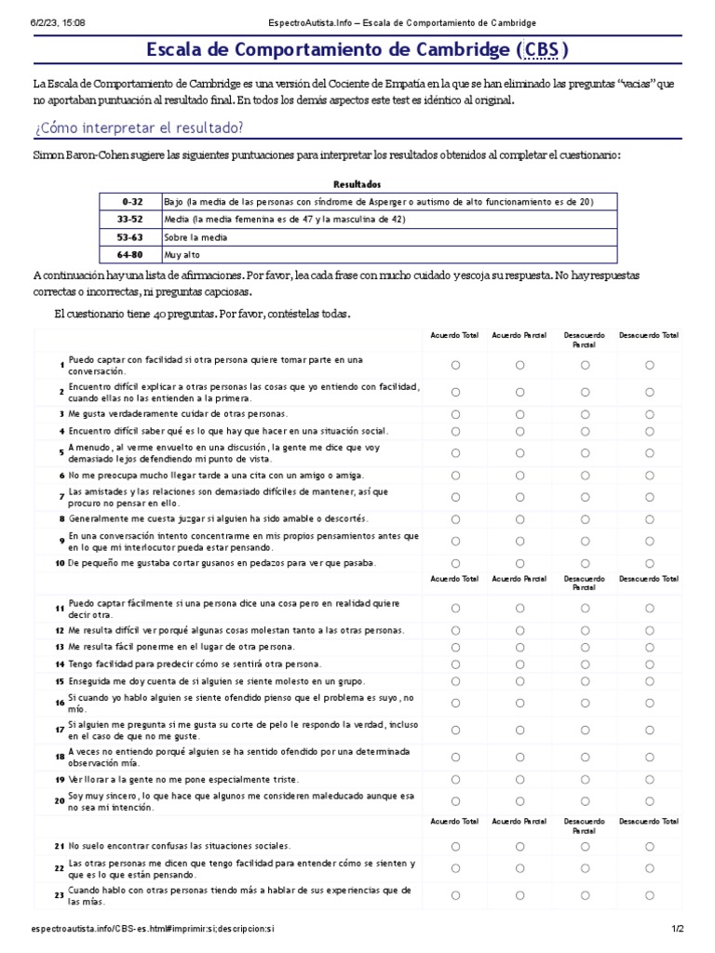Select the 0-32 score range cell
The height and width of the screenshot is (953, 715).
pos(130,202)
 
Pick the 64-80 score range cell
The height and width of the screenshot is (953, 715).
pos(130,254)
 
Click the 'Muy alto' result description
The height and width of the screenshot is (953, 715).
pos(182,254)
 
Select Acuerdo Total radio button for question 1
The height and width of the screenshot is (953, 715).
pos(455,366)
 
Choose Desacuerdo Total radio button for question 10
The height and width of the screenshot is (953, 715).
pos(650,563)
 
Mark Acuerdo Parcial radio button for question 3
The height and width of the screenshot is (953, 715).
pos(520,414)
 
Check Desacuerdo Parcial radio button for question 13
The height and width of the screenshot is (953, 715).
pos(585,647)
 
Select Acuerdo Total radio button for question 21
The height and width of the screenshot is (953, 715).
pos(455,846)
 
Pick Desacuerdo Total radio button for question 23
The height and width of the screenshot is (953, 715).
pos(650,895)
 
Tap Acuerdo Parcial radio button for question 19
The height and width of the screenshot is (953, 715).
pos(520,779)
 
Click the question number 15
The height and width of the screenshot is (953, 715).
pos(59,682)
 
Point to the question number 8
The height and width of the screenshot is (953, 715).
pos(61,519)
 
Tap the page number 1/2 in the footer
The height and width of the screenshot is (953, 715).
pos(678,929)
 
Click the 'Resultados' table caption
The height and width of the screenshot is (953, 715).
pos(357,184)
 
